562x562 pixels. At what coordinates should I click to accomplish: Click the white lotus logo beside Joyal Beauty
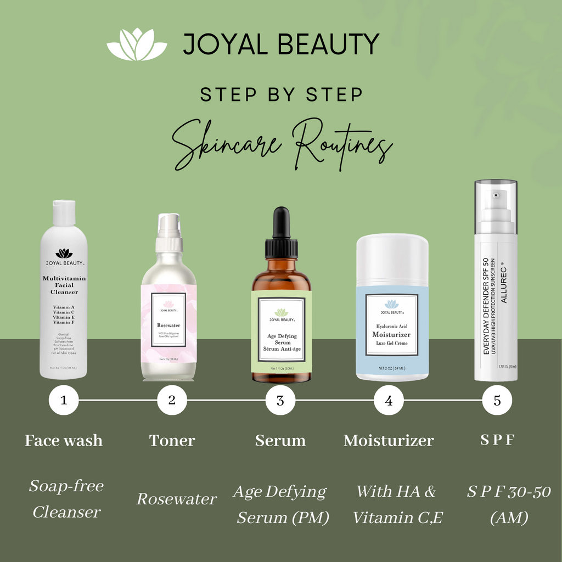tap(137, 44)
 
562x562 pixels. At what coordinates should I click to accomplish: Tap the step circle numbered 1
tap(64, 400)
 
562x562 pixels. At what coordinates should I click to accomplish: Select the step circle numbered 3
tap(280, 400)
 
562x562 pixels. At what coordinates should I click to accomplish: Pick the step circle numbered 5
tap(497, 400)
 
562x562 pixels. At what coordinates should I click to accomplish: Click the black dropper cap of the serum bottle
tap(281, 233)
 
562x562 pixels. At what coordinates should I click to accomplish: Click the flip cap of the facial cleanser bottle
tap(64, 213)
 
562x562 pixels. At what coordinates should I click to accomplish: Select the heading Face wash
tap(64, 440)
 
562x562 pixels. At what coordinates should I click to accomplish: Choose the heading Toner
tap(172, 440)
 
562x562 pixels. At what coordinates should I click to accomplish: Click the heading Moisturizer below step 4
tap(389, 440)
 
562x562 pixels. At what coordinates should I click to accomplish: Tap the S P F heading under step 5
tap(497, 440)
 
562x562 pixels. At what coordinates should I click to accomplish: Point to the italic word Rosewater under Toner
tap(177, 499)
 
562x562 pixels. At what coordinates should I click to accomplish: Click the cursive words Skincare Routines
tap(282, 144)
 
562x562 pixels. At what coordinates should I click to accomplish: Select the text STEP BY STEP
tap(281, 94)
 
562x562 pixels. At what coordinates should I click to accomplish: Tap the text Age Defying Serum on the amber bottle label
tap(282, 341)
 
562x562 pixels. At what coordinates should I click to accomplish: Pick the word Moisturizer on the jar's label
tap(391, 334)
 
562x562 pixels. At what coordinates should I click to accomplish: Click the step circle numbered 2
tap(172, 400)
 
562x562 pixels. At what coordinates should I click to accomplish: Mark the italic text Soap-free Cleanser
tap(66, 499)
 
